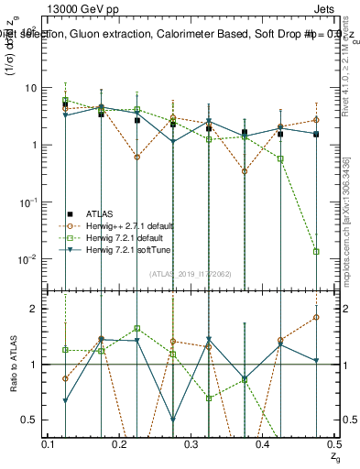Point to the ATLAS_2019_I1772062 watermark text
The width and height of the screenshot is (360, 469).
(191, 273)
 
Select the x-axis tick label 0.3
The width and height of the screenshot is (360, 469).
(191, 444)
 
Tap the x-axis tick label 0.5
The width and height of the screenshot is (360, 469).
(333, 444)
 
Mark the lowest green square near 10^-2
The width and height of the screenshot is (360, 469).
(316, 251)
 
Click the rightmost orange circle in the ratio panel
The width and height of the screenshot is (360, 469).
(316, 318)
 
